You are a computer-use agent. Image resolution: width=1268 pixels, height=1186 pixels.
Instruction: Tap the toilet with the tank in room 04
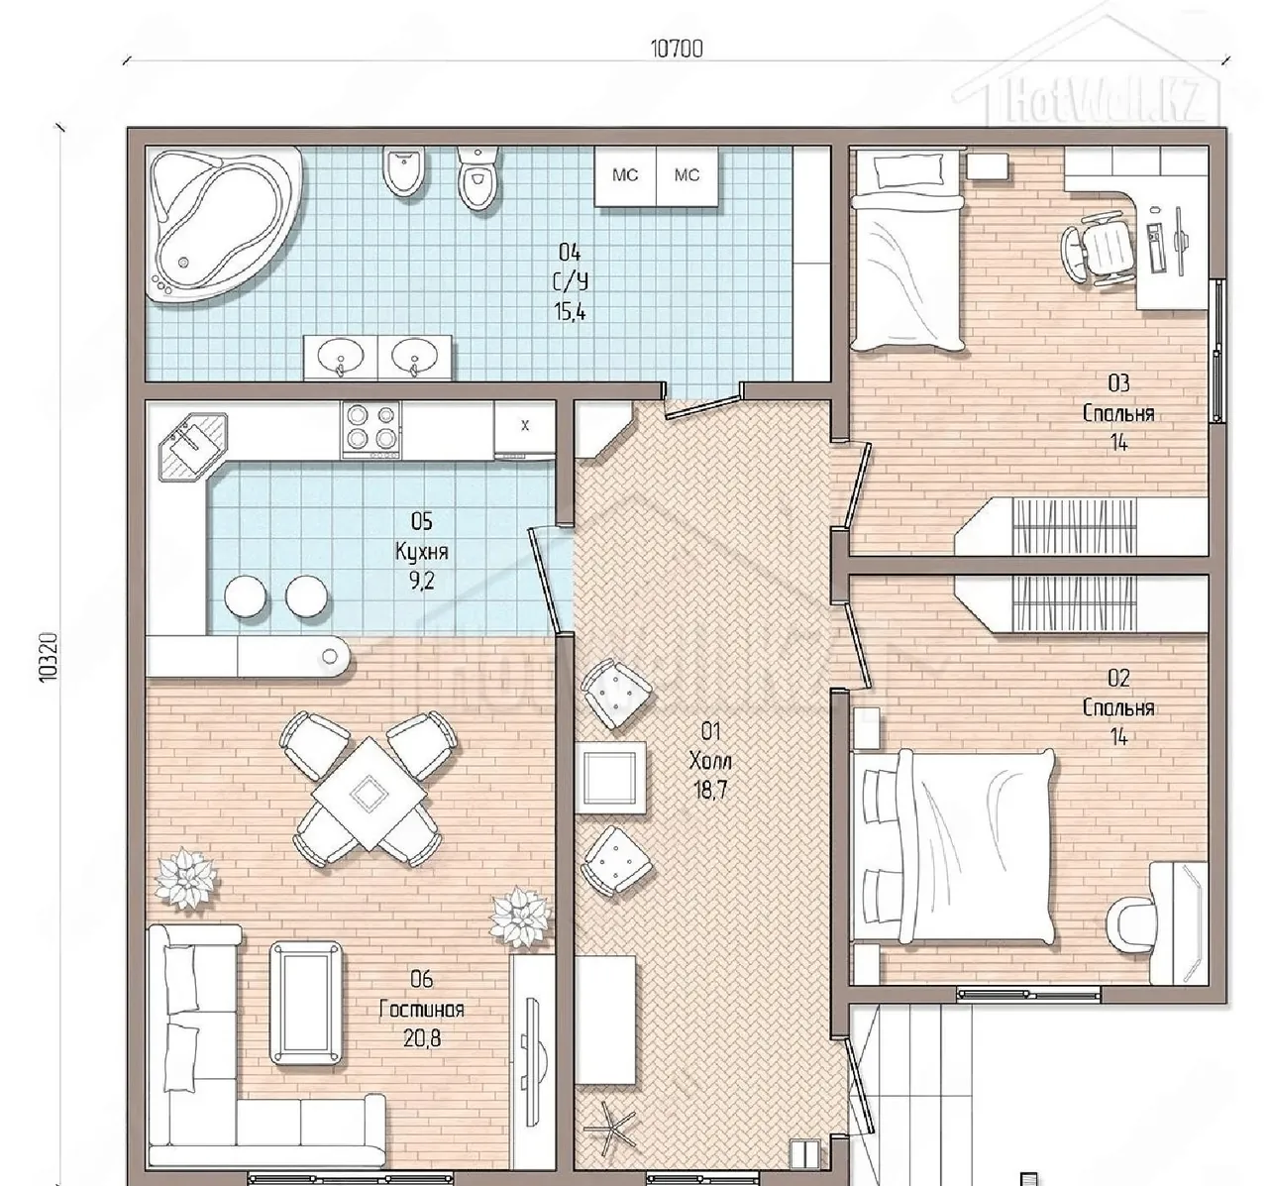tap(477, 178)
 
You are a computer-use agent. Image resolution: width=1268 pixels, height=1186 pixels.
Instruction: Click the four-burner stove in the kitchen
tap(370, 430)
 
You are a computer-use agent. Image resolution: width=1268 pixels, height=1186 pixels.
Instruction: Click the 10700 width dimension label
tap(677, 50)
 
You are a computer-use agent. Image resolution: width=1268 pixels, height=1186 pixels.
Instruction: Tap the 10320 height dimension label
tap(50, 657)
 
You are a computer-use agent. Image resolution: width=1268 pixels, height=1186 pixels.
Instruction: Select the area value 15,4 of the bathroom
tap(570, 312)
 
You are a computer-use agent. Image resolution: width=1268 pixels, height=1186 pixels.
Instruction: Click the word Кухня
tap(421, 551)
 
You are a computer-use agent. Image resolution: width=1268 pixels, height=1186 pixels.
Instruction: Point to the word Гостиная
tap(421, 1010)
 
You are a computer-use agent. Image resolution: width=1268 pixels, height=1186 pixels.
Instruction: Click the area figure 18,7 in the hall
tap(710, 791)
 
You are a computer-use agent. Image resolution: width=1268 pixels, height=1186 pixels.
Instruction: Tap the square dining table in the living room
tap(369, 794)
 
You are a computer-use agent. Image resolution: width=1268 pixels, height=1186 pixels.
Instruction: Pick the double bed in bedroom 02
tap(954, 847)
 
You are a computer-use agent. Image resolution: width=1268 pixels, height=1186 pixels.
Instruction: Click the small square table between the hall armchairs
tap(609, 777)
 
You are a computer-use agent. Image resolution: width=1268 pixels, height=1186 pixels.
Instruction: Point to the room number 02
tap(1118, 678)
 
